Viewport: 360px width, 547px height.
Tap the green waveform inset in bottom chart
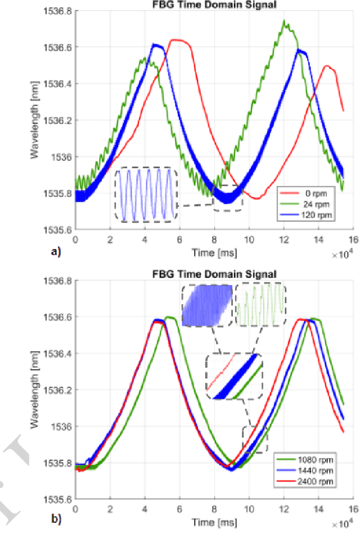coord(260,305)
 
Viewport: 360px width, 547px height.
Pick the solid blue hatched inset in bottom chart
coord(207,305)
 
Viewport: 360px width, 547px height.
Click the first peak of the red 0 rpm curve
coord(178,40)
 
